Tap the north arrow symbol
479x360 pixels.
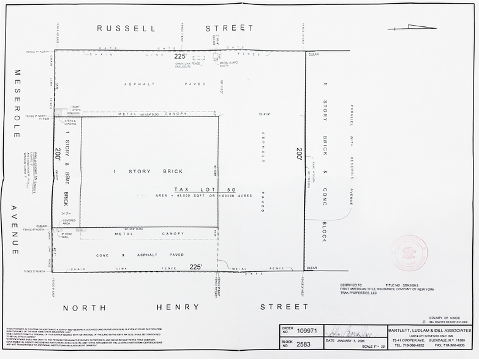[x=412, y=27]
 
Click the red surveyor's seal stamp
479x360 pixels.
[x=409, y=253]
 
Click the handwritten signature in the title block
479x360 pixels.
[x=352, y=331]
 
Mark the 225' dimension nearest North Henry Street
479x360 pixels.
[x=195, y=267]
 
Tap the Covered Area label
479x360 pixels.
[x=69, y=221]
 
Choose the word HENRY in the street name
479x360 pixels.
[x=178, y=307]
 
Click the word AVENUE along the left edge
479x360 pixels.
[x=14, y=230]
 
